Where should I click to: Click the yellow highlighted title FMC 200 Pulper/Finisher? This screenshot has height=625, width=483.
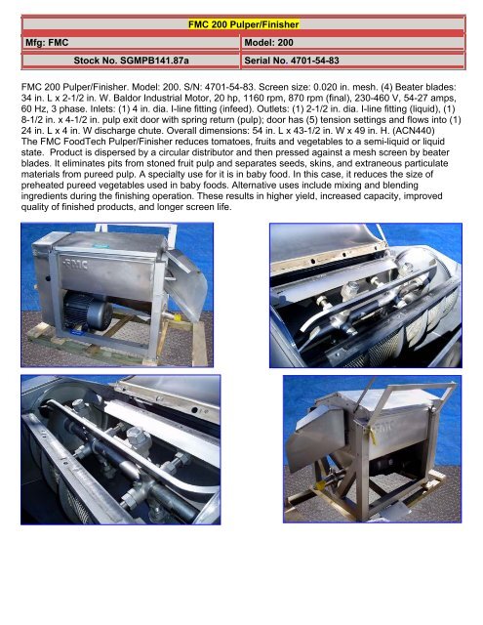click(x=241, y=22)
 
